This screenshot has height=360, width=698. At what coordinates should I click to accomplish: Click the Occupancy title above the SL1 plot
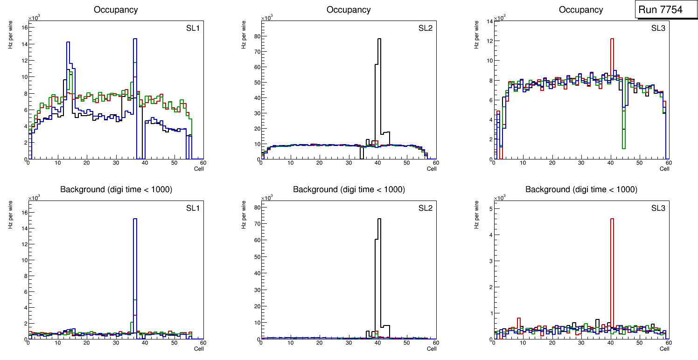(x=116, y=10)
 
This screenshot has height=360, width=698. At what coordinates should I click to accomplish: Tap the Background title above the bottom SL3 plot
(x=581, y=189)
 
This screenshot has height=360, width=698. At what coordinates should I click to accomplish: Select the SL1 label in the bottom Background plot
(x=193, y=208)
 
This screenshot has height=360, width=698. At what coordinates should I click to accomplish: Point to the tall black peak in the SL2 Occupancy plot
(x=379, y=39)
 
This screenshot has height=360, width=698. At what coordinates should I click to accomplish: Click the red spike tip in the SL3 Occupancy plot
(x=612, y=39)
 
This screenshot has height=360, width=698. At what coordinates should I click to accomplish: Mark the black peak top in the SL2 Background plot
(x=379, y=219)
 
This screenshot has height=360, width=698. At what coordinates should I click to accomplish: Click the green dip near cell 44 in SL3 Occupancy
(x=623, y=148)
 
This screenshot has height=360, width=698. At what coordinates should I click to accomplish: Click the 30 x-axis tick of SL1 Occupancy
(x=116, y=163)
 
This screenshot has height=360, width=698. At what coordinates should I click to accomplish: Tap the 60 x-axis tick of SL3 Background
(x=668, y=343)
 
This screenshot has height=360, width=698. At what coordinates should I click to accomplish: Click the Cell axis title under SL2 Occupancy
(x=432, y=168)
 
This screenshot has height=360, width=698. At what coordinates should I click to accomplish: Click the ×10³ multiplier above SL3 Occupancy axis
(x=500, y=18)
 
